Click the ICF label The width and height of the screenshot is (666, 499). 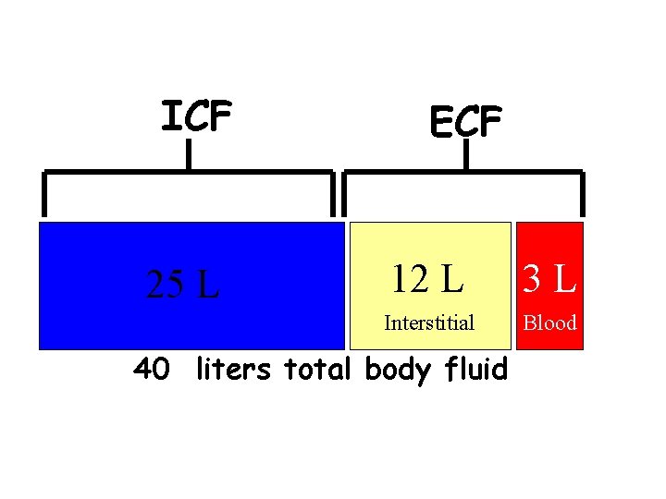tap(196, 117)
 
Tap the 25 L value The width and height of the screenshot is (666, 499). tap(183, 285)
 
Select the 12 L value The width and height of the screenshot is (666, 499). tap(426, 277)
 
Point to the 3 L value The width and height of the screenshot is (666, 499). tap(550, 277)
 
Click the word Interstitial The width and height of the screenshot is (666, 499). tap(429, 323)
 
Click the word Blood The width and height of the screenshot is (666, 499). tap(550, 323)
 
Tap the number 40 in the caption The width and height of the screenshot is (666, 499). tap(152, 370)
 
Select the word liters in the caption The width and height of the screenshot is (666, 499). tap(233, 370)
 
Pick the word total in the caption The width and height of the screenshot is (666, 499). tap(317, 370)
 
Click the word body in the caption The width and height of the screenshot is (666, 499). tap(399, 371)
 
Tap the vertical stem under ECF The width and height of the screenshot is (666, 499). tap(465, 154)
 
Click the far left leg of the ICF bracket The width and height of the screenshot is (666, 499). tap(43, 194)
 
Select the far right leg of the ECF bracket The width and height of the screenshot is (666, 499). tap(583, 194)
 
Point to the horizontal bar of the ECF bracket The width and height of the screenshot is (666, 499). tap(527, 172)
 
